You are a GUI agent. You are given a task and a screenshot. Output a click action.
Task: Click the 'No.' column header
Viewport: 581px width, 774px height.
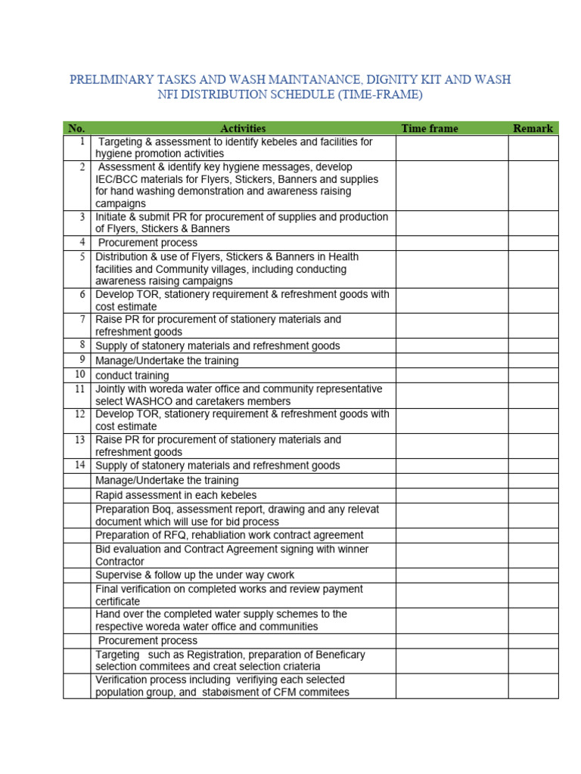[76, 128]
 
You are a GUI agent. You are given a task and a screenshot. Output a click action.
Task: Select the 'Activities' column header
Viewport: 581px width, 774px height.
[243, 128]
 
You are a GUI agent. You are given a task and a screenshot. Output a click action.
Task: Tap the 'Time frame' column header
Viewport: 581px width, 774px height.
[430, 128]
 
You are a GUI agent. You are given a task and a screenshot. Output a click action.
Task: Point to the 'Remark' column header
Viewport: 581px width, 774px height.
[533, 128]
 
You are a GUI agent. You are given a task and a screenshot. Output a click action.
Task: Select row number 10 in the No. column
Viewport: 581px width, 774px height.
[79, 375]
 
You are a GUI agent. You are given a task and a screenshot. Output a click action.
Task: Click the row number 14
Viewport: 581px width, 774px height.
[79, 466]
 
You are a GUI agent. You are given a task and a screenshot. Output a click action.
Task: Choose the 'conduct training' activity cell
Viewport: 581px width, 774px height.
[132, 376]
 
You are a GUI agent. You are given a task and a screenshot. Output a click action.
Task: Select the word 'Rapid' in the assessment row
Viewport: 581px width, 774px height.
[110, 495]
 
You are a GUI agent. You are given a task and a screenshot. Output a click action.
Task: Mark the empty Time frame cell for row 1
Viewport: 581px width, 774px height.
[451, 148]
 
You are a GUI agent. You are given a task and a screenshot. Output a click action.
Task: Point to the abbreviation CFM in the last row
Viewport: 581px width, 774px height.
[286, 692]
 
